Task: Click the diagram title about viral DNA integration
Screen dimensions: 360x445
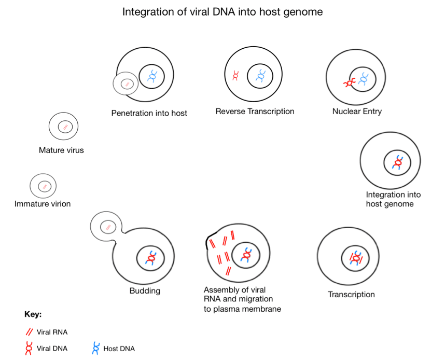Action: click(223, 11)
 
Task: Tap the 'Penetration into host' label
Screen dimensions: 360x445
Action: click(149, 113)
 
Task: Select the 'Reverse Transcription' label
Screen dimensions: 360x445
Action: click(255, 112)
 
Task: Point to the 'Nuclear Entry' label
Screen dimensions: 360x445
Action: click(357, 112)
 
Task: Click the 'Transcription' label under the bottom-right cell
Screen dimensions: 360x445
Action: click(351, 295)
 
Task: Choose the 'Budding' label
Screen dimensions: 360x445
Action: click(145, 291)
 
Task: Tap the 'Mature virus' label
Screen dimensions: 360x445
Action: click(61, 150)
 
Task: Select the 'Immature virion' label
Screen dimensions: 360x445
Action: click(43, 204)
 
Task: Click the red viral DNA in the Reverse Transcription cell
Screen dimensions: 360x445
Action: click(235, 76)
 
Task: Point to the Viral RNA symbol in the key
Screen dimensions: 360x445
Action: click(30, 332)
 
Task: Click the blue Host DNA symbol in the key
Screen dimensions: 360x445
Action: click(95, 348)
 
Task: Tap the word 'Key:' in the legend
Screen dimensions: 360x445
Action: click(33, 314)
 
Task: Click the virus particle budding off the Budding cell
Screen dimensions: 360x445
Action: click(107, 226)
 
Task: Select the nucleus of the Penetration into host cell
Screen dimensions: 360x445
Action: click(152, 77)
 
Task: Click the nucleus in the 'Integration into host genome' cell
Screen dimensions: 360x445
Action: click(397, 163)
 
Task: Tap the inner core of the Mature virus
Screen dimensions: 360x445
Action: click(65, 127)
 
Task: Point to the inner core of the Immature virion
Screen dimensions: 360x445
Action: click(44, 186)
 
